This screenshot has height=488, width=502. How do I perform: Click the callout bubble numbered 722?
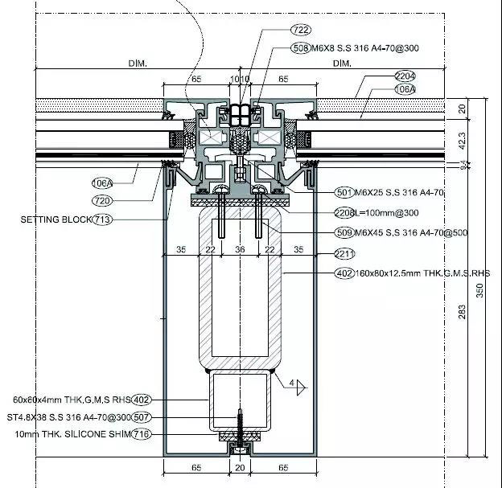(278, 30)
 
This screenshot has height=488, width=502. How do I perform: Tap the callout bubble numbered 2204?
(382, 77)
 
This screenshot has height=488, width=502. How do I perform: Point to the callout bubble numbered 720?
(102, 199)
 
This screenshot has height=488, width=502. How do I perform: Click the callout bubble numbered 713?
(102, 219)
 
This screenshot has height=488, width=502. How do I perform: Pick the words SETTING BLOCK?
(56, 219)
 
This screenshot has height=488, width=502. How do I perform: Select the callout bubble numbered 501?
(344, 193)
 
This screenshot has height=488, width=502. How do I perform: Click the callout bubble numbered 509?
(344, 233)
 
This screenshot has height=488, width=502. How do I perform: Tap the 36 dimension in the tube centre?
(239, 250)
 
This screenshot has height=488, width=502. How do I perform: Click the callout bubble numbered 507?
(142, 418)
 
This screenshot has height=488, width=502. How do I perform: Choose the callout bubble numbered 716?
(142, 434)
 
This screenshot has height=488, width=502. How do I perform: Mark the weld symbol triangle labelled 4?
(299, 387)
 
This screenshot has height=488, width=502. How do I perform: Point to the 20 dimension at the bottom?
(239, 466)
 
